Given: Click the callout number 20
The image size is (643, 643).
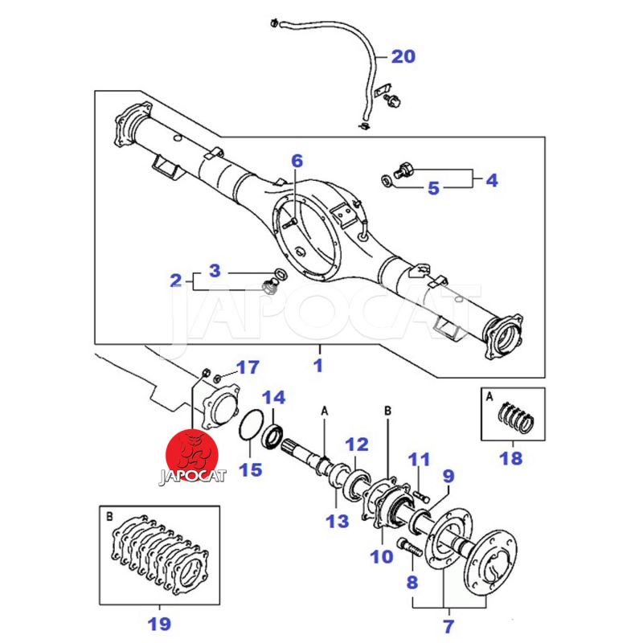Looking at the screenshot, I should pos(404,56).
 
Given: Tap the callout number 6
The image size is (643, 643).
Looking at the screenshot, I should pos(297,162).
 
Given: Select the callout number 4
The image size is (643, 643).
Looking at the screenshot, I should pos(491,180).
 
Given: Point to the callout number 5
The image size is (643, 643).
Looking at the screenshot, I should pos(433,189).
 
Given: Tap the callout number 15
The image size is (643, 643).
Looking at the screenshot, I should pos(252,469).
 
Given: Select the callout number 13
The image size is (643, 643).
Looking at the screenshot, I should pos(338,521).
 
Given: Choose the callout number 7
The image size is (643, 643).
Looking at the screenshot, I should pos(448,624).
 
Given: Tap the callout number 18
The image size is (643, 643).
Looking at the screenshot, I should pos(511,459).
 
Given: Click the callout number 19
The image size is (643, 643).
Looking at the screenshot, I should pos(159,622).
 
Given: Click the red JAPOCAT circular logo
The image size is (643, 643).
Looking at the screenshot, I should pos(191,455).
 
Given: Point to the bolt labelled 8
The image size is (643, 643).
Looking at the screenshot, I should pos(409,550).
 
